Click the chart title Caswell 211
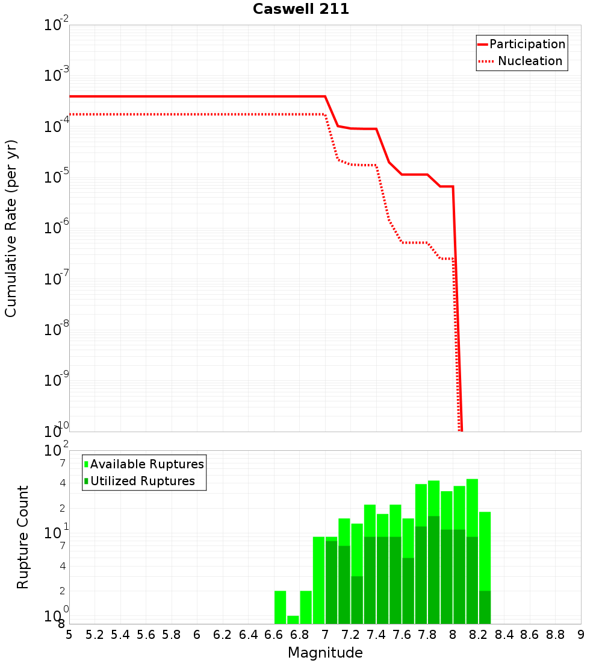click(x=301, y=10)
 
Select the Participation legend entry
click(x=527, y=45)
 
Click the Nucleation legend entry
click(x=529, y=61)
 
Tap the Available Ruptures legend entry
click(x=147, y=464)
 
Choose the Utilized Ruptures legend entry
click(x=142, y=481)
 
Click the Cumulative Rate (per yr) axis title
click(x=11, y=228)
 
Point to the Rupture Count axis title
click(x=23, y=536)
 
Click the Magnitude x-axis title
click(x=325, y=653)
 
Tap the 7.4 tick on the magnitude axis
click(x=376, y=635)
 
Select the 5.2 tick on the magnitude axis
click(x=95, y=635)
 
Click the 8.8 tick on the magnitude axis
click(x=555, y=635)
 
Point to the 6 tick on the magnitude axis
click(x=197, y=635)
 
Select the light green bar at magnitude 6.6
click(x=281, y=608)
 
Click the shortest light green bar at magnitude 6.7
click(x=293, y=620)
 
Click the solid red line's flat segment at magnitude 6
click(x=197, y=96)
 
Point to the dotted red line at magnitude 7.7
click(x=415, y=242)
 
